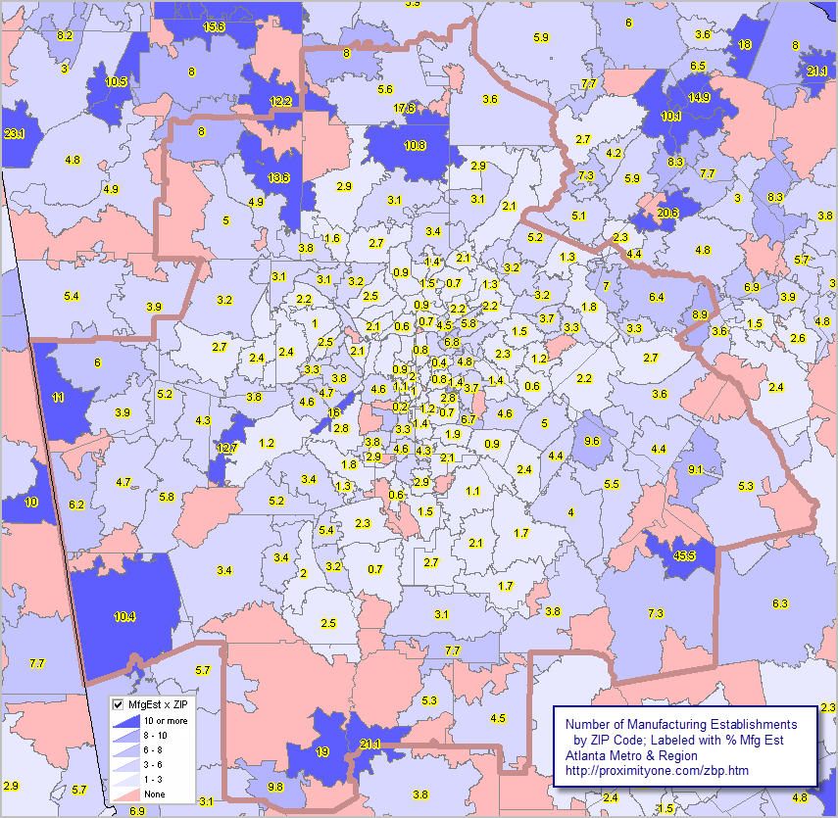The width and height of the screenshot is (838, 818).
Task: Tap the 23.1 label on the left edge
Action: [x=15, y=133]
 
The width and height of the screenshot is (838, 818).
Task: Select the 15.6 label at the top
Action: [x=214, y=26]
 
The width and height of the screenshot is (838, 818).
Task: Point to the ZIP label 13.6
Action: [x=278, y=177]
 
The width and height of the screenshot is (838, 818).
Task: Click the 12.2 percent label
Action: [x=280, y=101]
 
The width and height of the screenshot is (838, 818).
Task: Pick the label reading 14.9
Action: [x=698, y=97]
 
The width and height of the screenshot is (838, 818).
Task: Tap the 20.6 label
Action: [x=667, y=213]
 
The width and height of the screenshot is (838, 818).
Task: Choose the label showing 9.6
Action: [x=591, y=441]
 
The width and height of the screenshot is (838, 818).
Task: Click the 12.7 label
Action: [x=226, y=448]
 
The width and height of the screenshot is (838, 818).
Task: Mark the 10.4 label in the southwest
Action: [x=124, y=616]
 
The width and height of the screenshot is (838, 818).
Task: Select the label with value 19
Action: [x=322, y=751]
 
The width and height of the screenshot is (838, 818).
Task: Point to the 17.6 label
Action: [x=404, y=108]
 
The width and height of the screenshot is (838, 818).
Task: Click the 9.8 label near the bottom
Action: [x=275, y=787]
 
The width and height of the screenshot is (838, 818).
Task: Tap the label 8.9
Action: [x=699, y=313]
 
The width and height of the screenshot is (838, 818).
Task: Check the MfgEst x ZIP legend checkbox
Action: [x=119, y=704]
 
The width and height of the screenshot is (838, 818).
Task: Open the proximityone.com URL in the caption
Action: [x=658, y=771]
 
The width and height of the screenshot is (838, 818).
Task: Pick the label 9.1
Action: [x=695, y=470]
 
